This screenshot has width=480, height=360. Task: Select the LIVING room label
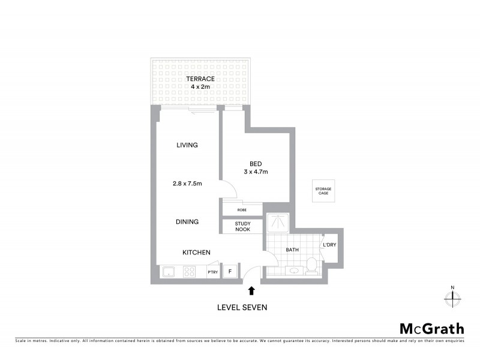[x=187, y=145]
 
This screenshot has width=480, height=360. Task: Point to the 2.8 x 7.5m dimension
[x=187, y=184]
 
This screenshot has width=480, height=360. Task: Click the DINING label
[x=187, y=221]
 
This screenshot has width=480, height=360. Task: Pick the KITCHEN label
[x=197, y=253]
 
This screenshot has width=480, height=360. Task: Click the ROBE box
[x=242, y=210]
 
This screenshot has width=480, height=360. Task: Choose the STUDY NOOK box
[x=242, y=226]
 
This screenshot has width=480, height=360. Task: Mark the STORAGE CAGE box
[x=323, y=191]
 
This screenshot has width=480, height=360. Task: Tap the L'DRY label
[x=329, y=245]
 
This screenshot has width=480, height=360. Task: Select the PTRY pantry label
[x=212, y=272]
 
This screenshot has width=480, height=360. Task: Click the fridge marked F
[x=229, y=272]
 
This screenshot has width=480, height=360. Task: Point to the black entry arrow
[x=251, y=291]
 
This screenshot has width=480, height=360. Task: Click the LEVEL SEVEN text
[x=242, y=307]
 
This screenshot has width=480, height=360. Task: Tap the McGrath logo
[x=431, y=328]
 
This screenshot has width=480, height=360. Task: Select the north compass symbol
[x=453, y=296]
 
